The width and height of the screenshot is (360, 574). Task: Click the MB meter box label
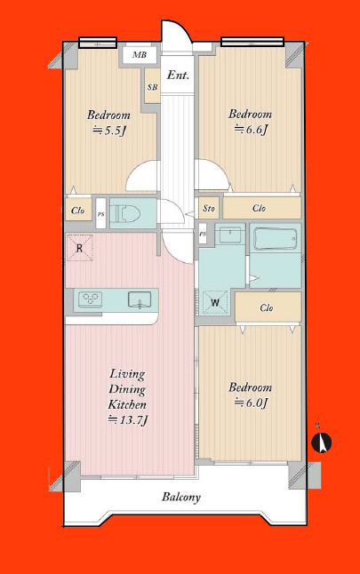tap(140, 55)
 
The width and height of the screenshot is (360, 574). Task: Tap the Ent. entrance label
tap(178, 76)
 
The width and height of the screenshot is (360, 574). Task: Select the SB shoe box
tap(152, 86)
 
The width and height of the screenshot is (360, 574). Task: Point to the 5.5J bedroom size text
tap(109, 131)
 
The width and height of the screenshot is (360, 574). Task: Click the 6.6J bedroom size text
tap(251, 129)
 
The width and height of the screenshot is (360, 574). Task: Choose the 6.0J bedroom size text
tap(251, 403)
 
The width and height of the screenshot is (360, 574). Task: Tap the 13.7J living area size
tap(127, 420)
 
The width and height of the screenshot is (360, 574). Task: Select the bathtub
tap(276, 239)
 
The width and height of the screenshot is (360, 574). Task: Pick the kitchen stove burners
tap(90, 299)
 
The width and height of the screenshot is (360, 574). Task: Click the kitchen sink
tap(140, 299)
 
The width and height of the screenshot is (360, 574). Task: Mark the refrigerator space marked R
tap(79, 248)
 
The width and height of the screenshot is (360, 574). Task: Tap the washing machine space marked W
tap(215, 302)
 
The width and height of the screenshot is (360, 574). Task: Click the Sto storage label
tap(209, 209)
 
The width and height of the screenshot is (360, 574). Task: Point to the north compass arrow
tap(322, 442)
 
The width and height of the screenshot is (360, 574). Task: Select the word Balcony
tap(181, 497)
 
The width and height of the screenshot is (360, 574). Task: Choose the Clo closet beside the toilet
tap(78, 210)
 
